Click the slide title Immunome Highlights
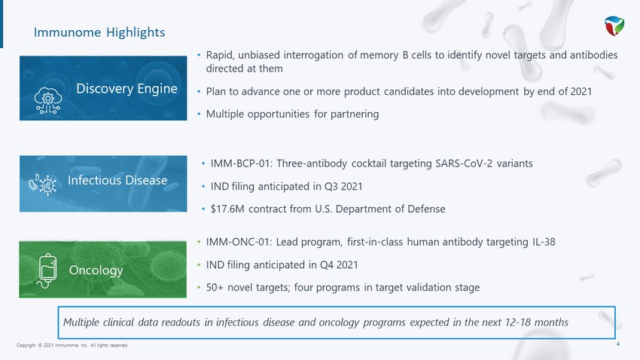99,32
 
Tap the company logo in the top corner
614,26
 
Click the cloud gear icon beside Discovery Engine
47,100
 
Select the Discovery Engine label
126,89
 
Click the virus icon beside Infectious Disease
42,185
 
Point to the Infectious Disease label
117,180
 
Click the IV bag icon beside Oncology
47,270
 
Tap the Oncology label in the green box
96,270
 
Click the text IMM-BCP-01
240,163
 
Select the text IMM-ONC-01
237,242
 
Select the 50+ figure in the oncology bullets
215,288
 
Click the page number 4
618,344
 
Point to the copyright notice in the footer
72,345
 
